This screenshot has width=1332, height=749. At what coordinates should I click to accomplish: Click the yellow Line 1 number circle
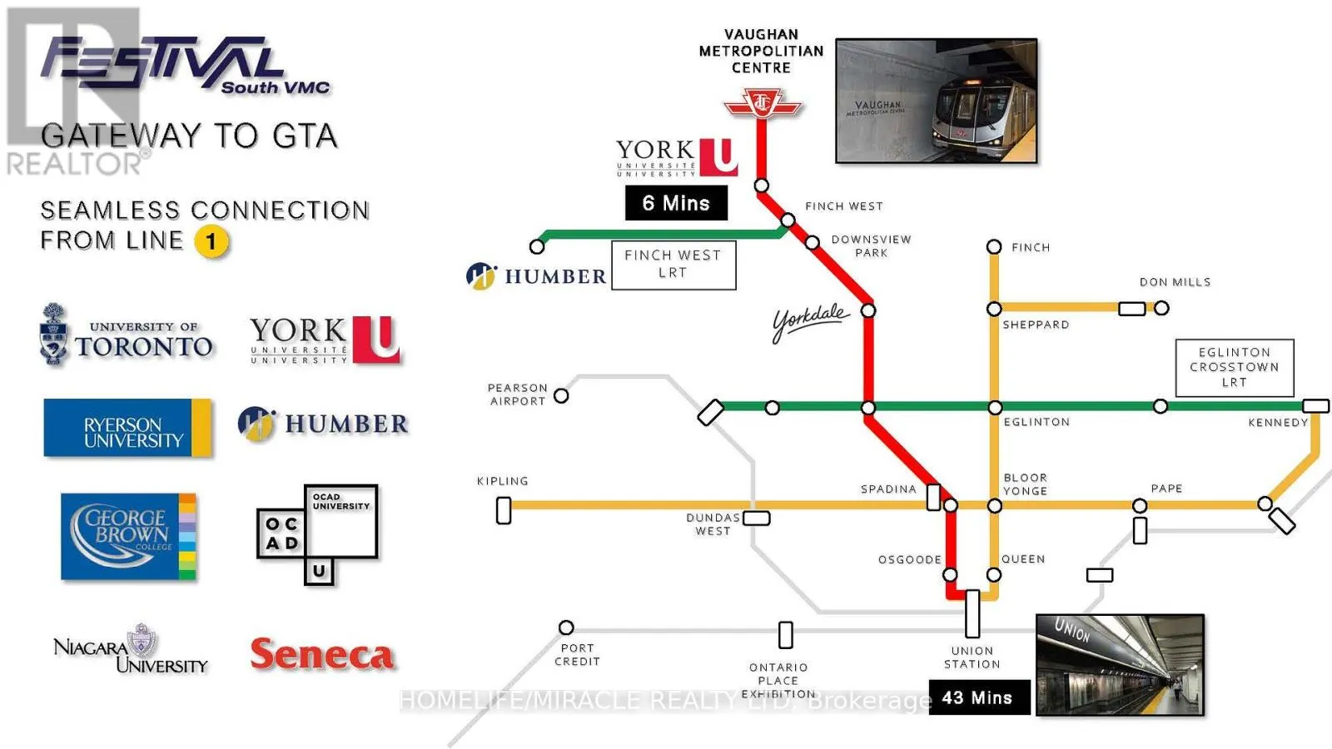coord(211,242)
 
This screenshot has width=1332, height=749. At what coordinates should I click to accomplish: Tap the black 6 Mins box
coord(676,203)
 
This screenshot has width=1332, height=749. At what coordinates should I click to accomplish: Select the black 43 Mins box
coord(977,698)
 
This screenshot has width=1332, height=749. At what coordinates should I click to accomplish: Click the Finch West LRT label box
coord(673,265)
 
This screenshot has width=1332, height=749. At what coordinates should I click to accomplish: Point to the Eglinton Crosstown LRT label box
coord(1235,367)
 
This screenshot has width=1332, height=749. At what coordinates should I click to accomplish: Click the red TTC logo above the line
coord(762,104)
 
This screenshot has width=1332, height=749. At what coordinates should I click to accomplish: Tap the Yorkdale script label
coord(810,321)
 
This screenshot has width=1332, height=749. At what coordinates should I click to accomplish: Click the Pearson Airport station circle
coord(562,395)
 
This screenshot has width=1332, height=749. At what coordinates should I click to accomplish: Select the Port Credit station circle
coord(566,627)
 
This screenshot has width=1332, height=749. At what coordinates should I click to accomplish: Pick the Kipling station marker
coord(504,510)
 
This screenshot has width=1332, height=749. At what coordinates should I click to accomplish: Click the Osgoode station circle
coord(950,574)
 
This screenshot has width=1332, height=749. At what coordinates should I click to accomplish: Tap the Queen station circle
coord(994,574)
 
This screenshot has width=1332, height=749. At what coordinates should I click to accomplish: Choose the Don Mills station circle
coord(1161,308)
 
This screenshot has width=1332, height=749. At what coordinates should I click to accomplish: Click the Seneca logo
coord(322,655)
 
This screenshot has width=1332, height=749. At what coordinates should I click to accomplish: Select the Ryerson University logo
coord(127,428)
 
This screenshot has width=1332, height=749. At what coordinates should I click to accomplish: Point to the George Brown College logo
coord(128,536)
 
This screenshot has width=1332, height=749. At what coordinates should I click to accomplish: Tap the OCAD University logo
coord(317,533)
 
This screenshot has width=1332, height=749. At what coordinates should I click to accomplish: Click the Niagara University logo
coord(131,650)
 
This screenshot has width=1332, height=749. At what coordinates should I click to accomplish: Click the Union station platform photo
coord(1120,665)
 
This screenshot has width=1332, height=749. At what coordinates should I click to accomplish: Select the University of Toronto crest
coord(54,334)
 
